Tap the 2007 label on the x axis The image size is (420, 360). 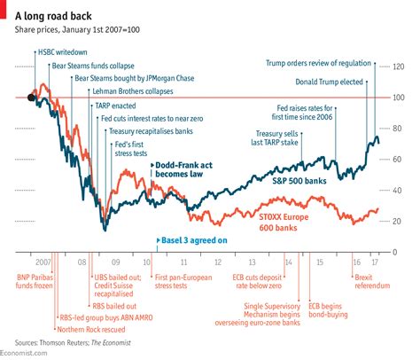tap(43, 262)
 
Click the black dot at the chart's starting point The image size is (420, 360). tap(32, 98)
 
